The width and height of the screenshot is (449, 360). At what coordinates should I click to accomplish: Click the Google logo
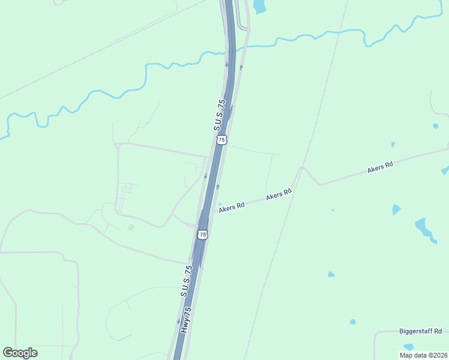click(x=20, y=353)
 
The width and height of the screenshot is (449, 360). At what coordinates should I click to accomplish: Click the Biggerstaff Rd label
click(x=420, y=331)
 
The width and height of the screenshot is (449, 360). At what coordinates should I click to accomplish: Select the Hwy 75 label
click(x=187, y=319)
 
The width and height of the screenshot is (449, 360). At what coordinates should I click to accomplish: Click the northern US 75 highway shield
click(x=222, y=140)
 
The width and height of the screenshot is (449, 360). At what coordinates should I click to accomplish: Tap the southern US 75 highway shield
click(x=203, y=235)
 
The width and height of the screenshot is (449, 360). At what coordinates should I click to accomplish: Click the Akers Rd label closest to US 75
click(x=232, y=206)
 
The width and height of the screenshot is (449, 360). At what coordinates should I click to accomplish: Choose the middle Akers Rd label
click(x=279, y=194)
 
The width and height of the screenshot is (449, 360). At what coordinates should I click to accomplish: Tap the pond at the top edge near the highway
click(x=259, y=6)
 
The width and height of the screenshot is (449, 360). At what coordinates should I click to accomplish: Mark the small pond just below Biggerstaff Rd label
click(x=409, y=346)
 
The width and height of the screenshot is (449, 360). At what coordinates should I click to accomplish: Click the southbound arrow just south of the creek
click(x=227, y=64)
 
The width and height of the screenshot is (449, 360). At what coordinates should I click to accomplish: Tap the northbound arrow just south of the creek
click(x=241, y=67)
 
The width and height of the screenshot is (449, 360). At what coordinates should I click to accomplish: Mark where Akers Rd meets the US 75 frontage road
click(x=215, y=211)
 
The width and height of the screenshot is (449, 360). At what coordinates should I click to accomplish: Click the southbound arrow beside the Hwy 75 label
click(x=178, y=322)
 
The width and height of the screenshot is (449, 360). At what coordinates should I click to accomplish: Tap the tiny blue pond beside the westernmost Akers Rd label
click(x=220, y=204)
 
